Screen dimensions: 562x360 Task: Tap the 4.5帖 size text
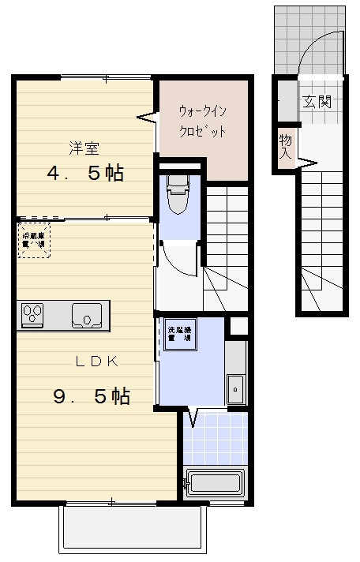click(x=85, y=173)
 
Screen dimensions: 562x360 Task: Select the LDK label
click(x=97, y=362)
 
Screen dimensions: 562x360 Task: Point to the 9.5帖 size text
click(x=92, y=396)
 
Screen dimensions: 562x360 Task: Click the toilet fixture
click(x=177, y=193)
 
